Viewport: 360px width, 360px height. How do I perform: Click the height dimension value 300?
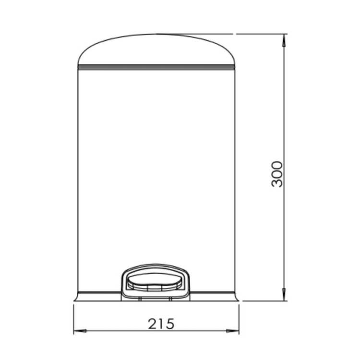tap(277, 174)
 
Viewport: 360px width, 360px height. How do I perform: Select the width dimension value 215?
tap(161, 324)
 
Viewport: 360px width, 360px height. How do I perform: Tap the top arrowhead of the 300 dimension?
tap(284, 40)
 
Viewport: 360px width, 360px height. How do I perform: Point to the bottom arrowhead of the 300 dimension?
tap(284, 294)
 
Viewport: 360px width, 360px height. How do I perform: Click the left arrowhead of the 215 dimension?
tap(80, 331)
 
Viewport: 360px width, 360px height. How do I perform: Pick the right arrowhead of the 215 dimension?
tap(233, 331)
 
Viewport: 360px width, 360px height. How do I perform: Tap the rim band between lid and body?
tap(156, 67)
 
